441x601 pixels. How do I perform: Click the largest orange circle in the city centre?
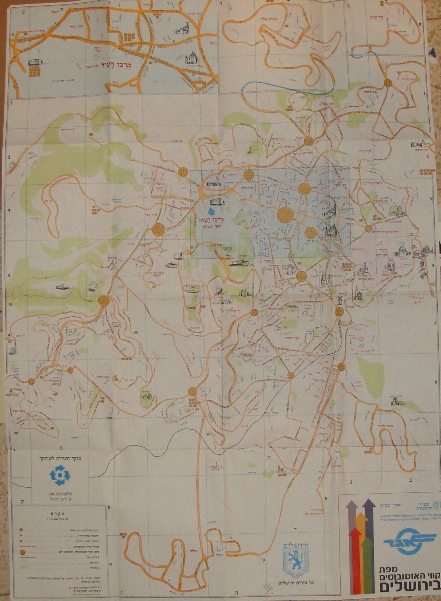285,214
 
